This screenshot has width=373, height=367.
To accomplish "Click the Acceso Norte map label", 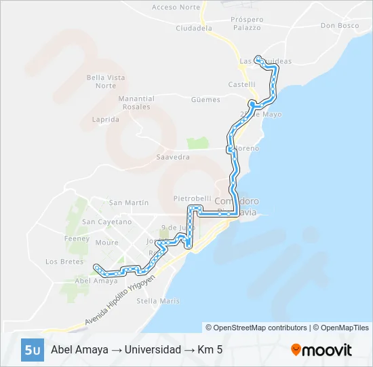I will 176,7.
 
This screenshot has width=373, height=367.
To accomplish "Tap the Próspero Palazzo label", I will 246,24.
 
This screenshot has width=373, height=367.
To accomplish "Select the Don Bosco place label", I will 340,26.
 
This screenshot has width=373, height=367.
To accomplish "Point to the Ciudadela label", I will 194,29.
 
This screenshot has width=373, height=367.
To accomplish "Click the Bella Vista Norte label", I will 106,82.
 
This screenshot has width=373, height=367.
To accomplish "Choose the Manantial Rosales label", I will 136,103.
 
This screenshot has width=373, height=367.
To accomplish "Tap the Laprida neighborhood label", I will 105,119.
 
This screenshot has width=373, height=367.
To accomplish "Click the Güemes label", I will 205,100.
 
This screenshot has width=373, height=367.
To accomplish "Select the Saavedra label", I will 173,157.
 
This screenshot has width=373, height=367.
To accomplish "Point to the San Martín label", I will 129,203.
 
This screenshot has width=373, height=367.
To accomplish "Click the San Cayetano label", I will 106,222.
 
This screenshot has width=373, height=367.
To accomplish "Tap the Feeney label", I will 76,239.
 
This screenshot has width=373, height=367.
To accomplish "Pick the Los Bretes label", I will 64,261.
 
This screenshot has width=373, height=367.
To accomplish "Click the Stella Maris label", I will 158,300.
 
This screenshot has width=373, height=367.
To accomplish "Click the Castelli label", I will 241,85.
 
